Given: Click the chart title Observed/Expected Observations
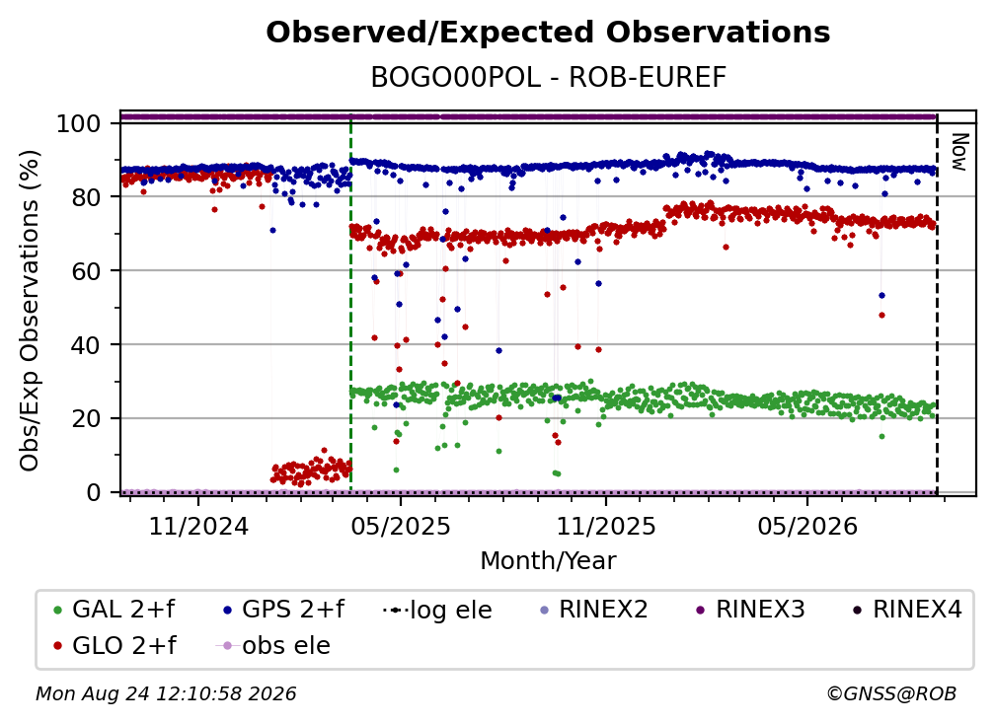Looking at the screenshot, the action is tap(548, 33).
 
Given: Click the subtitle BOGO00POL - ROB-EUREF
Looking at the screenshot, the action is tap(548, 77).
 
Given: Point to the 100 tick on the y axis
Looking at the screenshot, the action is tap(79, 123).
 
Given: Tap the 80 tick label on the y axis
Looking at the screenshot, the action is tap(86, 197).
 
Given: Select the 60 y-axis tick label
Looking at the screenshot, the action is tap(86, 270).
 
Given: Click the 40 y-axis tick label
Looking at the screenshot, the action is tap(86, 345).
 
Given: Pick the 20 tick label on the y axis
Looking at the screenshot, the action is tap(86, 418).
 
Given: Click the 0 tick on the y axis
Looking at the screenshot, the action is tap(94, 492).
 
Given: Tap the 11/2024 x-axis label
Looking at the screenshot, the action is tap(198, 526).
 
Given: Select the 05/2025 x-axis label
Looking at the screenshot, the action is tap(401, 526).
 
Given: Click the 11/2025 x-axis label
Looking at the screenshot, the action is tap(606, 526).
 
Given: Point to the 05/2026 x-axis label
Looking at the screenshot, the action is tap(807, 526).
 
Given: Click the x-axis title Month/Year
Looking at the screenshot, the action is tap(548, 560).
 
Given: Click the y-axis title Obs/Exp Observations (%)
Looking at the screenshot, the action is tap(30, 311).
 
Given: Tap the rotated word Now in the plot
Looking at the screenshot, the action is tap(958, 152).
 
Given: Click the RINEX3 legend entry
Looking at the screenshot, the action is tap(750, 610).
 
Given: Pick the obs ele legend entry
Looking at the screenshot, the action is tap(273, 645).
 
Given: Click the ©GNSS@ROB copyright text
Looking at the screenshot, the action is tap(891, 693).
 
